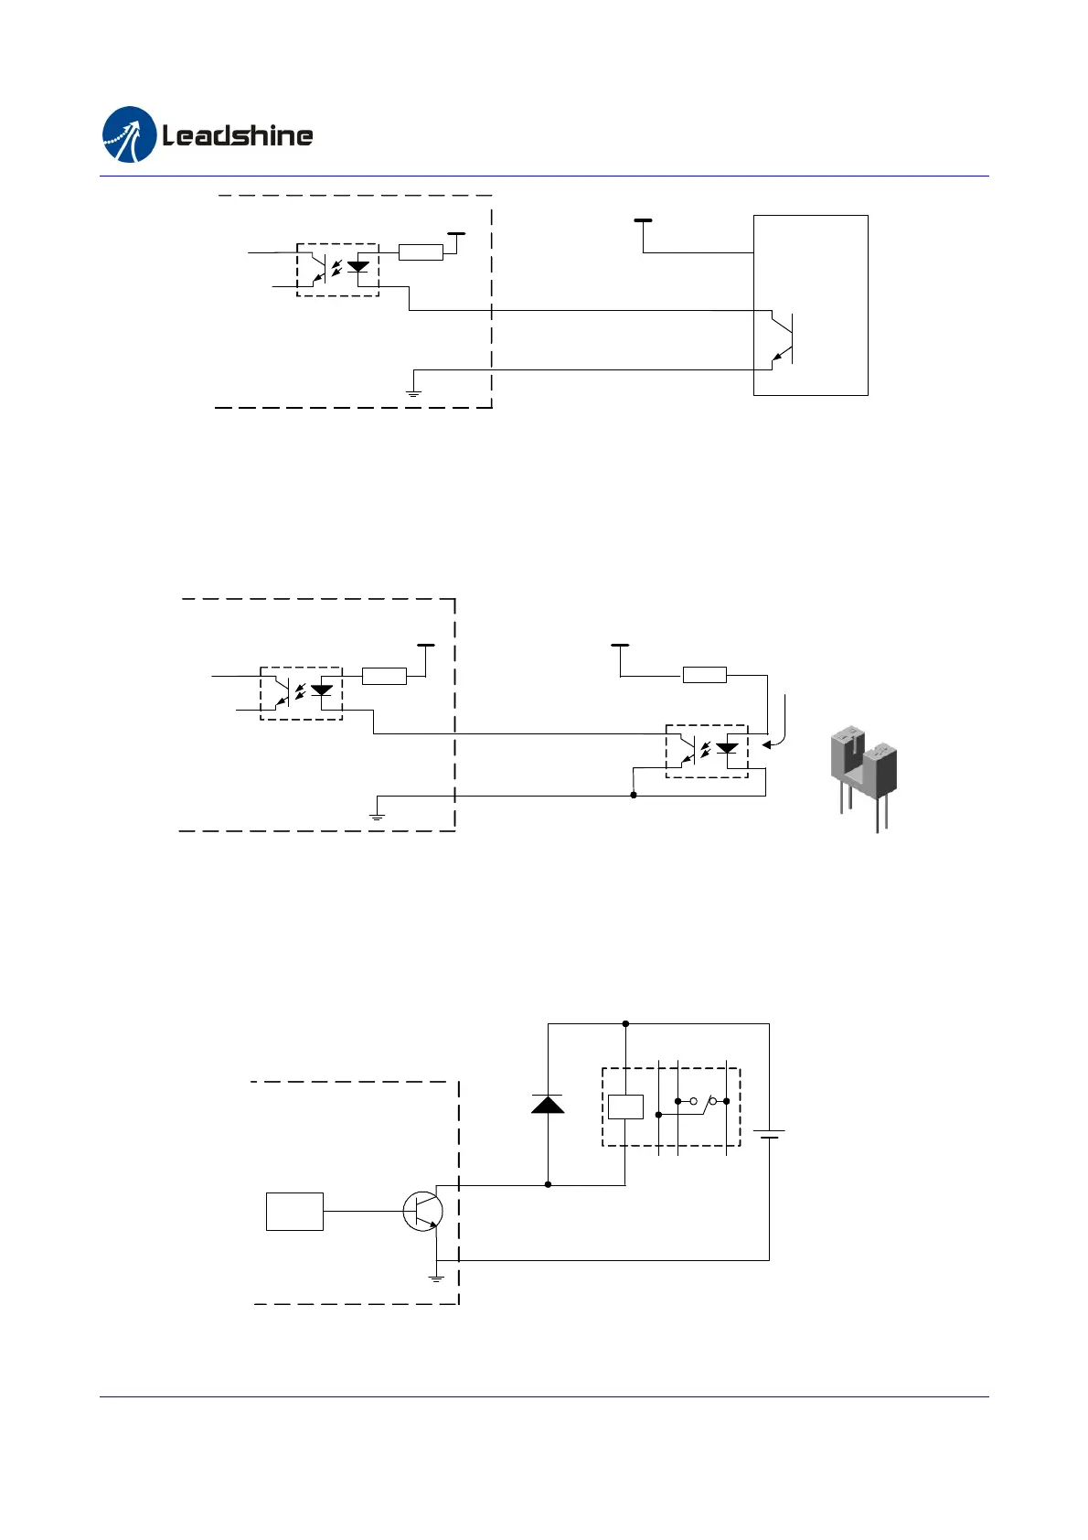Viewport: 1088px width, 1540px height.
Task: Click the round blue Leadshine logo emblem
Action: (130, 135)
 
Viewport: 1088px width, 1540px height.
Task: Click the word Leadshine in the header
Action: (238, 136)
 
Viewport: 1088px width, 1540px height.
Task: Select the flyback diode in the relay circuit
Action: (548, 1104)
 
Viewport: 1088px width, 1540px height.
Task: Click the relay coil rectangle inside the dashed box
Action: (625, 1107)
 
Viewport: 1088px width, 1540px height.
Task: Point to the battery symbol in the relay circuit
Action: (769, 1135)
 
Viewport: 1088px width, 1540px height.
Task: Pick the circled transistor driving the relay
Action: (422, 1211)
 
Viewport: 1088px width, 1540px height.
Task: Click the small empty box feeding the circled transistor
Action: (294, 1211)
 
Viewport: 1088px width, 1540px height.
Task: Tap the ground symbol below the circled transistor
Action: (436, 1277)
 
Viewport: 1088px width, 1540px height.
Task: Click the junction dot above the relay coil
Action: (625, 1024)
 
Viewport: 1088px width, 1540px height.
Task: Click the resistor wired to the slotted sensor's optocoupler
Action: (704, 676)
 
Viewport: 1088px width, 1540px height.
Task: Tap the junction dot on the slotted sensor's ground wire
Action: (634, 796)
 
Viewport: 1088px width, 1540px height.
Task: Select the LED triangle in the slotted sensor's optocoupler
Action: (727, 747)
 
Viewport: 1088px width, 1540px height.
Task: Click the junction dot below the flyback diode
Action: (548, 1184)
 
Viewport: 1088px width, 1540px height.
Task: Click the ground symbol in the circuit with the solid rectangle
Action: (413, 390)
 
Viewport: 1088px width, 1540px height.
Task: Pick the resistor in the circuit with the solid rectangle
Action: (421, 252)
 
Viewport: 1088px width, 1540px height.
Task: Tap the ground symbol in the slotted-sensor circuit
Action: (377, 815)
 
